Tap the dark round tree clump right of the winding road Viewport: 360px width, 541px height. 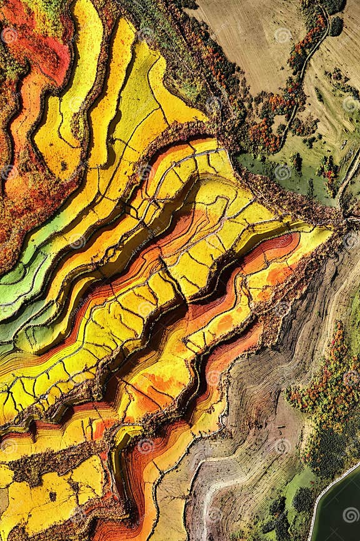pyautogui.click(x=336, y=26)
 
